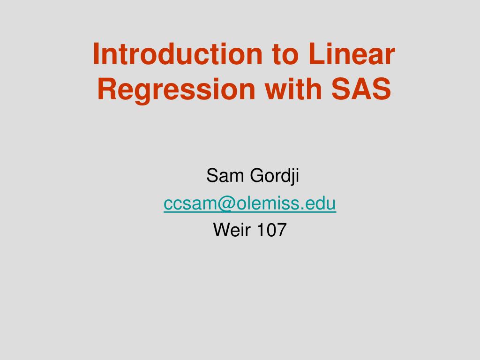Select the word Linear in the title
coord(352,54)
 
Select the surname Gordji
coord(274,177)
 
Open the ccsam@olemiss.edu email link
coord(250,204)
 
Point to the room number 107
coord(271,230)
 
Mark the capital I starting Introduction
coord(96,54)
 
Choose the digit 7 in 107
coord(281,230)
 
